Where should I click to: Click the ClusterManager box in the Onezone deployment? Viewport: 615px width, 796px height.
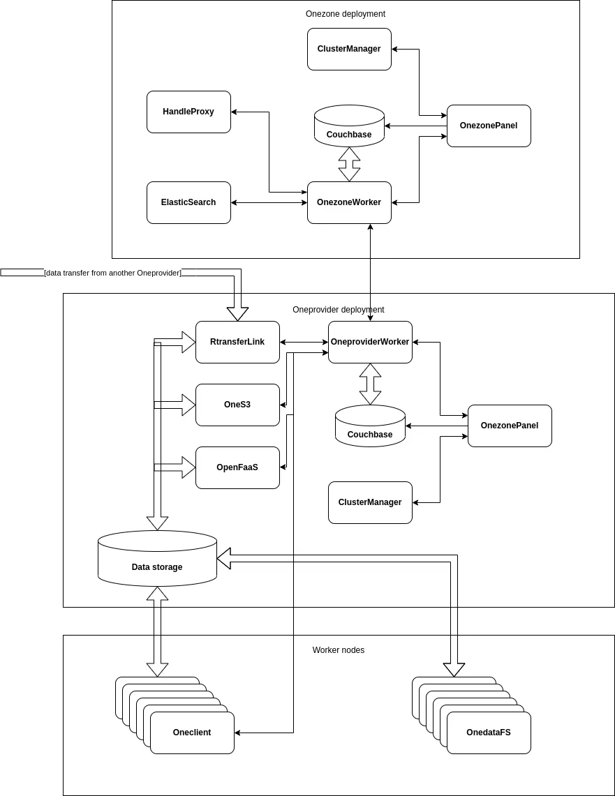pos(349,49)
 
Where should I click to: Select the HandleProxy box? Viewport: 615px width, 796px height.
pos(188,112)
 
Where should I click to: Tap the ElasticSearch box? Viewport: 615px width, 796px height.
pos(188,202)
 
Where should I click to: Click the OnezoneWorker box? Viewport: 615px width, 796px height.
pos(349,202)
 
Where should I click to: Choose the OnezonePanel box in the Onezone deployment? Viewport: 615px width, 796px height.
pos(489,126)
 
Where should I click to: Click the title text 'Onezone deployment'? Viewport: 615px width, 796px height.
pos(345,14)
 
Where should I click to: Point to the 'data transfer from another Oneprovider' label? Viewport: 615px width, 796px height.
pos(112,273)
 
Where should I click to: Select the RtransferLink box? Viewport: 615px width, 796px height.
pos(237,342)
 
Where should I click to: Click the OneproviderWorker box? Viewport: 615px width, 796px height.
pos(370,342)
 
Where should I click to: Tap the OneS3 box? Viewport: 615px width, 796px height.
pos(237,405)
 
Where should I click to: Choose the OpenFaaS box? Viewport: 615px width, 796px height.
pos(237,467)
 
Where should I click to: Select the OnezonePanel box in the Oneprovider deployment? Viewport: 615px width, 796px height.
pos(510,426)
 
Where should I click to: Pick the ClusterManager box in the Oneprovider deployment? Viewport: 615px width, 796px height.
pos(370,502)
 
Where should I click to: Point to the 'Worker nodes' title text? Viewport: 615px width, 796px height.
pos(338,650)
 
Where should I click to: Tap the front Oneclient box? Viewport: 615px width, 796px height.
pos(192,733)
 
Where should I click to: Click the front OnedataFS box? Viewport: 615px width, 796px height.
pos(489,733)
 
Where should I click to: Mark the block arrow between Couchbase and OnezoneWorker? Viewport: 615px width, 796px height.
pos(349,164)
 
